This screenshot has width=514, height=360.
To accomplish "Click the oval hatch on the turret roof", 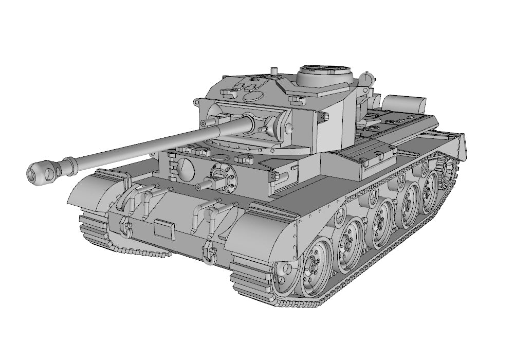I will (x=253, y=96).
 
